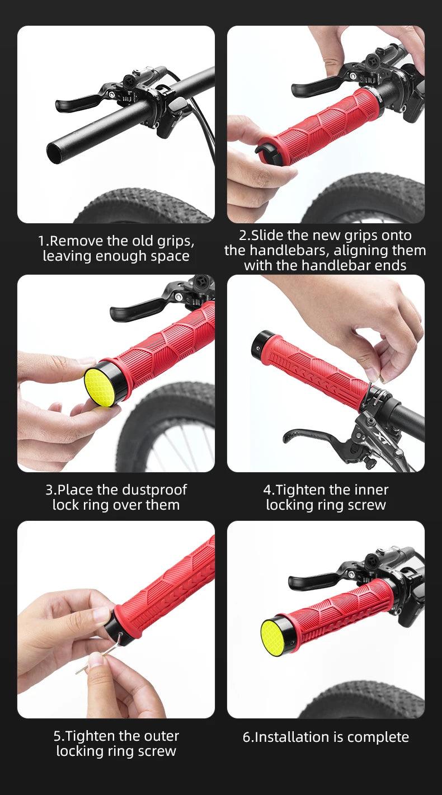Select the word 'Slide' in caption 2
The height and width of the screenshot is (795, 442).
click(x=267, y=236)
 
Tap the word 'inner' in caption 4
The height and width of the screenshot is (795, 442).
click(x=371, y=490)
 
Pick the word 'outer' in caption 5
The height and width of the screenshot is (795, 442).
click(x=161, y=736)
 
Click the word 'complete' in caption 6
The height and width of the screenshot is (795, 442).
click(x=378, y=737)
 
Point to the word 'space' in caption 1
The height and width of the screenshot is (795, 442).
click(x=172, y=256)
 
